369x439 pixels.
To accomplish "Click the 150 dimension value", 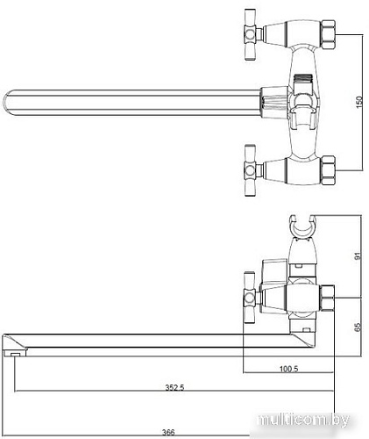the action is click(x=359, y=102).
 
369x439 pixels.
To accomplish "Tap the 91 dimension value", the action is click(x=358, y=255).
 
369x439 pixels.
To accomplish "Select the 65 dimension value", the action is click(x=358, y=327).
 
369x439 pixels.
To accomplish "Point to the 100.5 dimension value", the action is click(x=288, y=369).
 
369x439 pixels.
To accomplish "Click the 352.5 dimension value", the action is click(x=174, y=387).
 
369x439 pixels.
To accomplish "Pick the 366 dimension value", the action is click(x=168, y=432).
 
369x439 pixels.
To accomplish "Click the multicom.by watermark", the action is click(x=303, y=420).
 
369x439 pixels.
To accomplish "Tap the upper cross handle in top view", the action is click(x=251, y=34).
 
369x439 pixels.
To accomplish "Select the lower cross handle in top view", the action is click(x=251, y=170).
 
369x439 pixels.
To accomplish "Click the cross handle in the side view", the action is click(x=250, y=298).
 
